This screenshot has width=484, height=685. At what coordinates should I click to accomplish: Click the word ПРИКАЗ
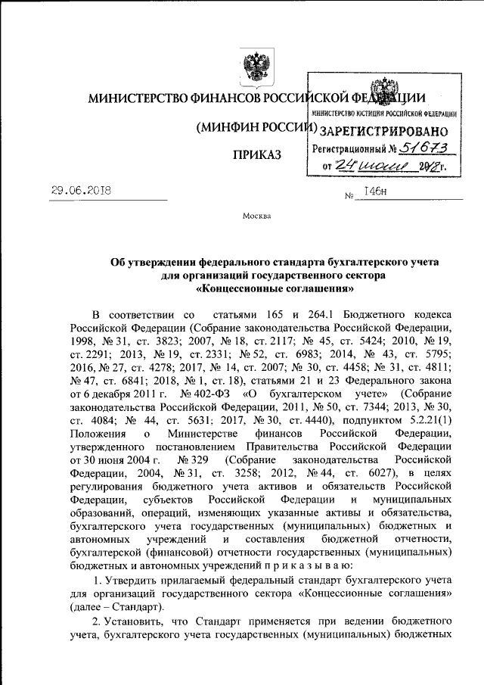click(x=258, y=154)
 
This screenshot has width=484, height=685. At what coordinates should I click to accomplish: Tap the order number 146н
click(x=377, y=192)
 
